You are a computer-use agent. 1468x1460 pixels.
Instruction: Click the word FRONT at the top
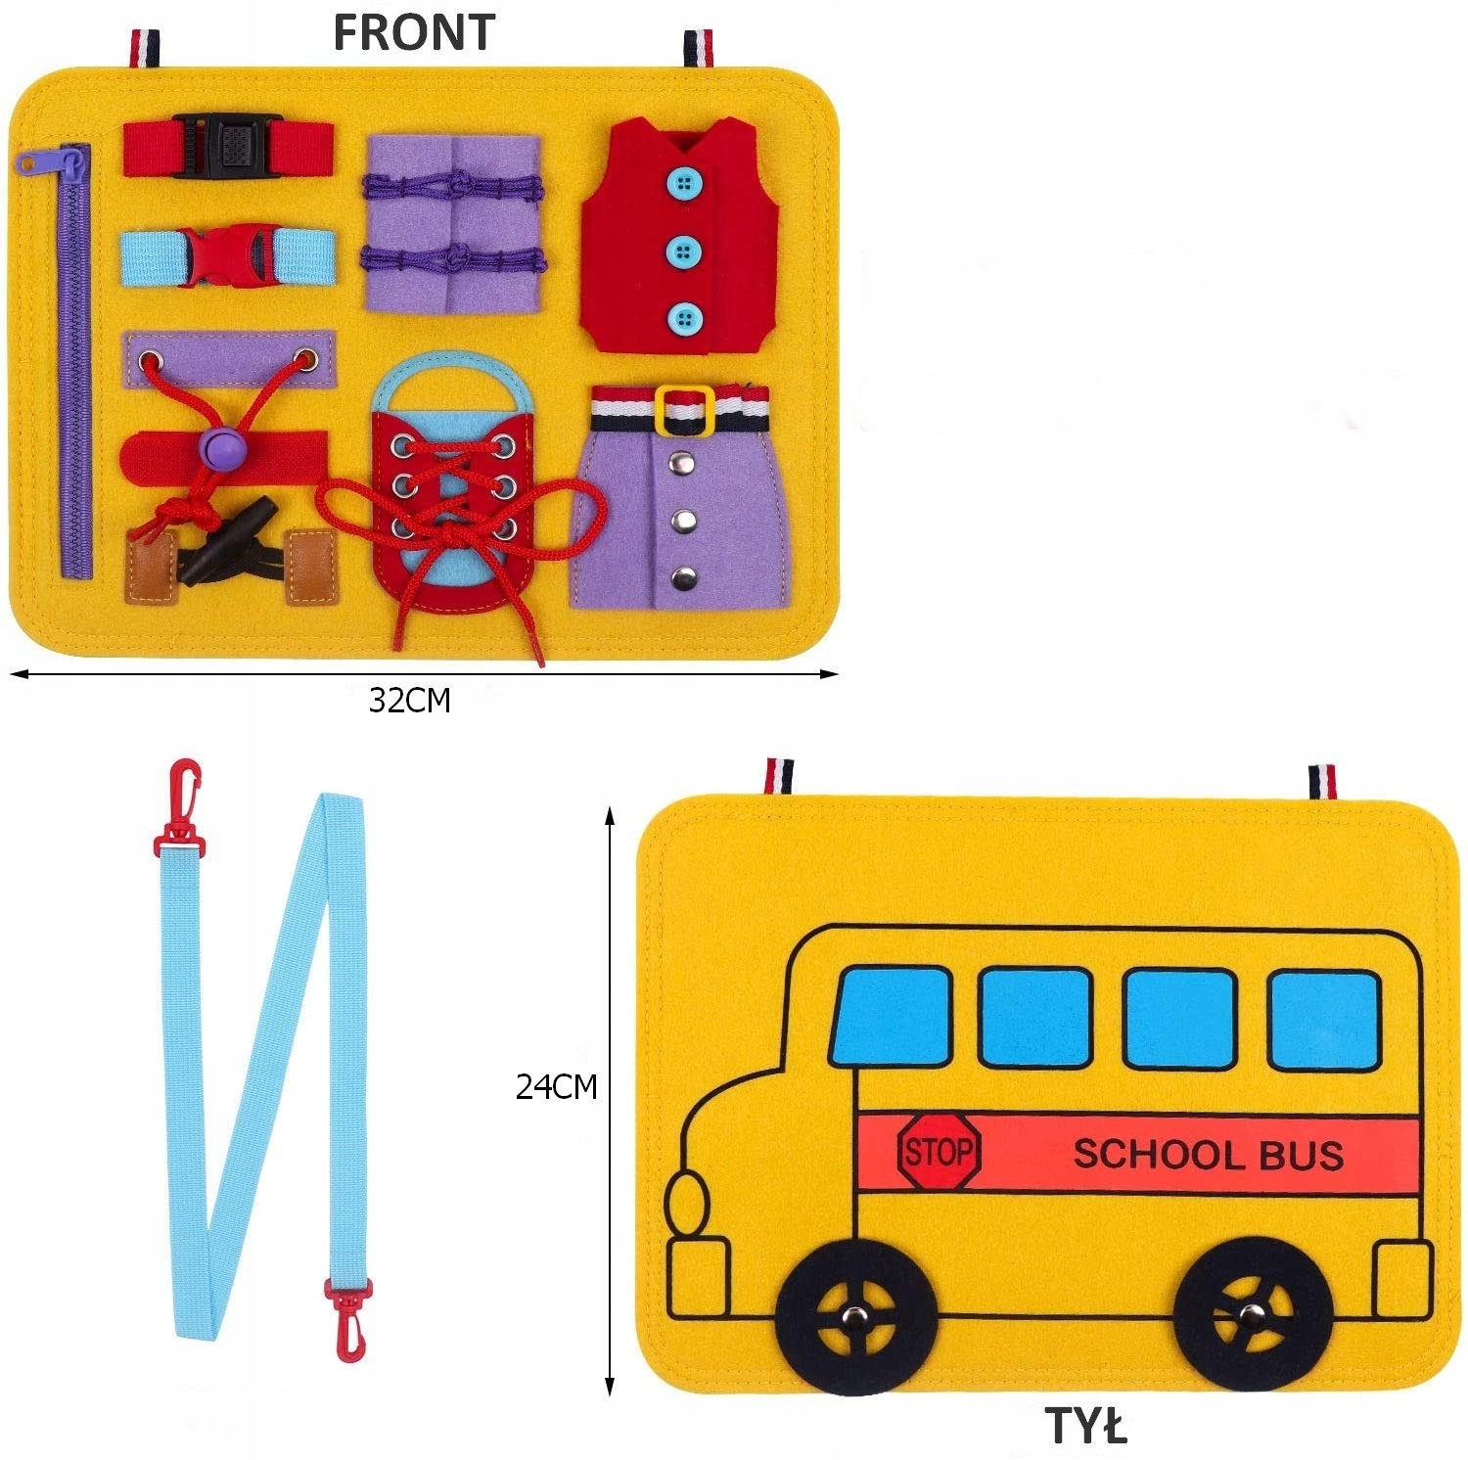[414, 32]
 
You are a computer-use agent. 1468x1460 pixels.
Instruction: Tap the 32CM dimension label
[410, 701]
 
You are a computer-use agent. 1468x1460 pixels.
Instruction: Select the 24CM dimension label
[556, 1087]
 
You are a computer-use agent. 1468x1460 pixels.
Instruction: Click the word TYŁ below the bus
[1085, 1427]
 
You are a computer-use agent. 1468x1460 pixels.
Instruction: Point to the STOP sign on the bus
[939, 1152]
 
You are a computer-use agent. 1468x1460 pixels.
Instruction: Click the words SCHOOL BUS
[1208, 1155]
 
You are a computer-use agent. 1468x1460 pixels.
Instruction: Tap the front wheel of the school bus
[857, 1317]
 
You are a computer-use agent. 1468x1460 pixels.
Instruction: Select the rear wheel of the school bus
[1252, 1314]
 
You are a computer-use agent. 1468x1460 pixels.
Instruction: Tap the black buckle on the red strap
[228, 147]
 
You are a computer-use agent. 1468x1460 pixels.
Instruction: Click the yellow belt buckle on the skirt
[683, 409]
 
